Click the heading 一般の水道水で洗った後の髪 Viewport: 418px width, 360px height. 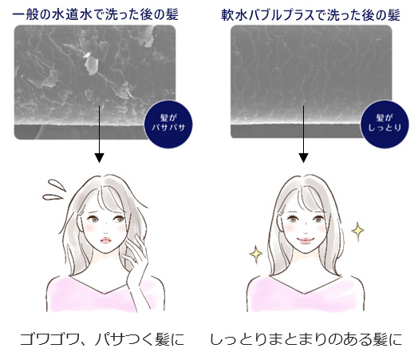[x=95, y=14]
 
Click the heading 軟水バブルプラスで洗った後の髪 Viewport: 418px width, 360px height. [x=310, y=15]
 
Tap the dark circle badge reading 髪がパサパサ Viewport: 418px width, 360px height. [x=168, y=124]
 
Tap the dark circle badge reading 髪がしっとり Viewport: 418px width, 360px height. [x=384, y=124]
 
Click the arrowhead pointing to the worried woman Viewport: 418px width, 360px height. [x=99, y=158]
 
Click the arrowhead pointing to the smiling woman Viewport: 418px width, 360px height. [x=303, y=158]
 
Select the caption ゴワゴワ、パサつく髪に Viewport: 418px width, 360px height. [x=102, y=339]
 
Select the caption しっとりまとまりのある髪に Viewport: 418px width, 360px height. [x=306, y=339]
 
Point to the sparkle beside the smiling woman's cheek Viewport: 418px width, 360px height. [x=357, y=231]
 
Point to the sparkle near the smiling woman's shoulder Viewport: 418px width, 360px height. [x=256, y=253]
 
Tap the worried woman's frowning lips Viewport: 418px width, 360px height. [x=105, y=240]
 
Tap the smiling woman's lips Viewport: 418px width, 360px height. [x=304, y=240]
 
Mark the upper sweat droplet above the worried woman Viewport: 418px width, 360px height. [x=57, y=185]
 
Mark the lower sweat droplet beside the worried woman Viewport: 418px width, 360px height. [x=53, y=197]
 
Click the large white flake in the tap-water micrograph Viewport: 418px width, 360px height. [x=91, y=64]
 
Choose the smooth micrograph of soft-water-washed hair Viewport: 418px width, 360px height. [x=311, y=81]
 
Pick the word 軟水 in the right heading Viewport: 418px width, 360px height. [x=235, y=15]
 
